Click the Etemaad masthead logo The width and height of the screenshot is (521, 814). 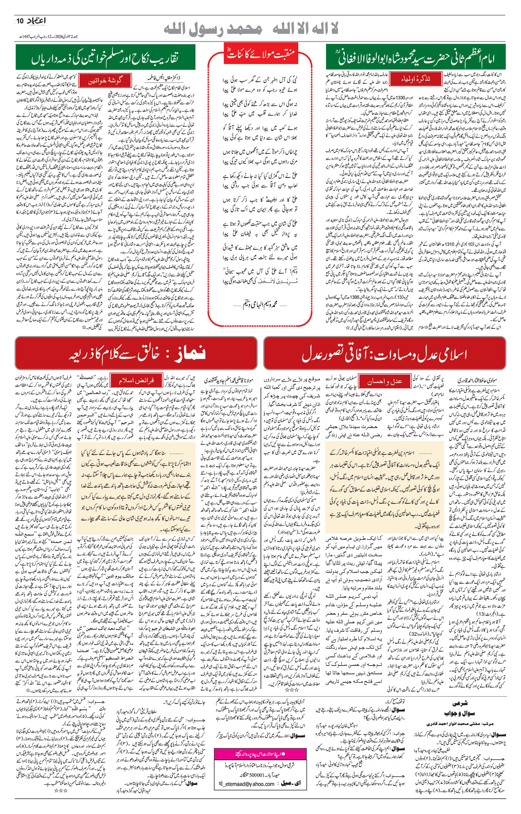point(35,21)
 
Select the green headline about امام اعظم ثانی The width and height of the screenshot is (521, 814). point(416,57)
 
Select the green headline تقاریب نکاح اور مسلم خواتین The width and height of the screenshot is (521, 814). point(106,58)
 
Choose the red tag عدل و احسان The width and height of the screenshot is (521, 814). point(384,382)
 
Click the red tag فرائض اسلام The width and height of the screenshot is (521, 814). point(137,380)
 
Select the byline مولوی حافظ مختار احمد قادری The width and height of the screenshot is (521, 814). point(477,380)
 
